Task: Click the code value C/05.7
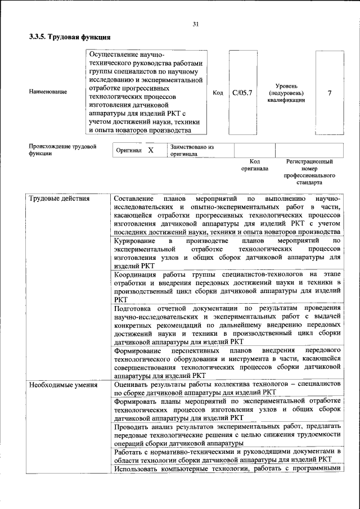coord(242,92)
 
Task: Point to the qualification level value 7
coord(330,92)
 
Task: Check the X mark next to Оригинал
coord(150,150)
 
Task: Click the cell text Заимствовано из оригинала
coord(192,150)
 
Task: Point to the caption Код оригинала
coord(254,165)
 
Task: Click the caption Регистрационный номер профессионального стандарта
coord(309,172)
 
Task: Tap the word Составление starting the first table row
coord(133,199)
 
